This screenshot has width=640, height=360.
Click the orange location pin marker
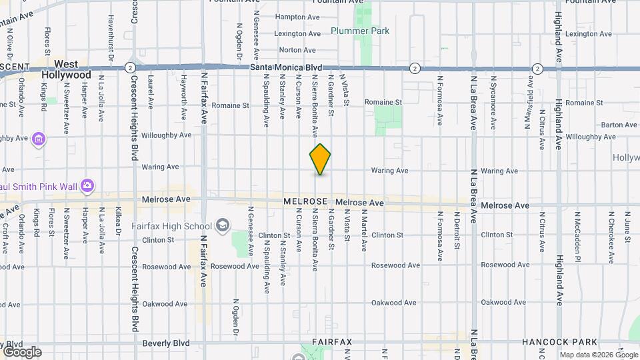320,159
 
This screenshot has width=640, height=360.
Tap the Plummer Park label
360,31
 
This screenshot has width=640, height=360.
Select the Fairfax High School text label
171,226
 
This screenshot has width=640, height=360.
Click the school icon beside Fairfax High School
222,225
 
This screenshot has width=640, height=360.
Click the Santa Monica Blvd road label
286,68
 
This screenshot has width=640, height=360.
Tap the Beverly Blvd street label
166,343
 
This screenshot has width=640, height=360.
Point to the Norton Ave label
297,50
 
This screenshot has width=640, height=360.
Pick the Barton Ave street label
619,125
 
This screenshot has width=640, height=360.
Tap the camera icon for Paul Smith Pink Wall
87,185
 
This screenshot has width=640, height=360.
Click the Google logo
21,351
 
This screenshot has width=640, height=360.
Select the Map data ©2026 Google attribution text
598,355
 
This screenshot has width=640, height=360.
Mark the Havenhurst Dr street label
111,35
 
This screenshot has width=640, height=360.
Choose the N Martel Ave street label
364,231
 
